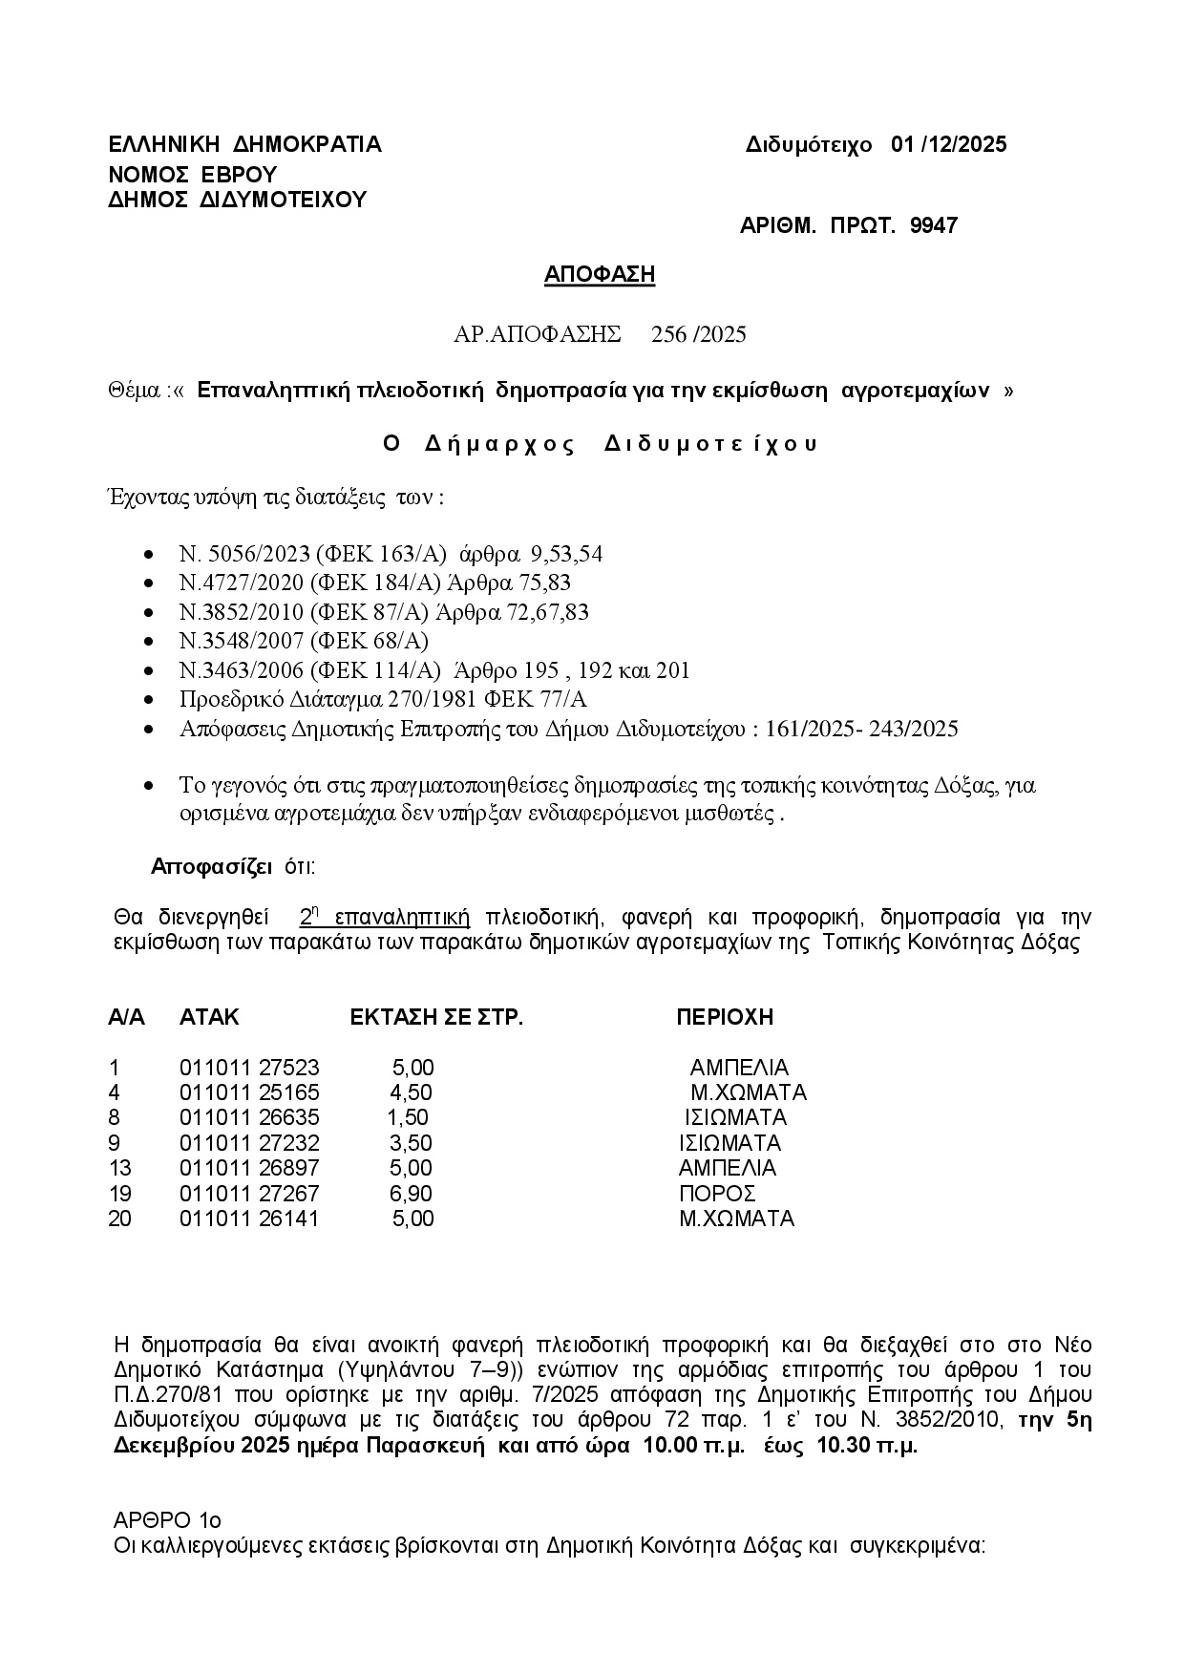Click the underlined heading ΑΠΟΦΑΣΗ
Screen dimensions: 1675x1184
click(x=600, y=275)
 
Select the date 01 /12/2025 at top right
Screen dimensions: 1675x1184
click(x=948, y=144)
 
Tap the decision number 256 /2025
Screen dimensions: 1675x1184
click(x=698, y=334)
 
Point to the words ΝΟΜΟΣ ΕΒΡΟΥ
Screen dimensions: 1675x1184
click(x=192, y=174)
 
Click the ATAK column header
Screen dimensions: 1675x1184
click(x=209, y=1017)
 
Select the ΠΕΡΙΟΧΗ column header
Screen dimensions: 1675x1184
click(x=725, y=1017)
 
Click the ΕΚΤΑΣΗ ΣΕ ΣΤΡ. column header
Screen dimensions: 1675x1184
click(x=437, y=1017)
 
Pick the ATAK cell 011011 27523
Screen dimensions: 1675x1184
click(x=249, y=1068)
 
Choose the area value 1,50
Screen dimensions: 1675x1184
click(x=408, y=1117)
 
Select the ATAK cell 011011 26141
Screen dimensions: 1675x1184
click(x=249, y=1219)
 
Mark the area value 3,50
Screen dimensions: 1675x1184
click(x=411, y=1143)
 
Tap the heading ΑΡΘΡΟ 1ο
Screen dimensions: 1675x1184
click(x=167, y=1519)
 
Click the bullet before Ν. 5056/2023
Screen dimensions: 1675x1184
click(x=148, y=555)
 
